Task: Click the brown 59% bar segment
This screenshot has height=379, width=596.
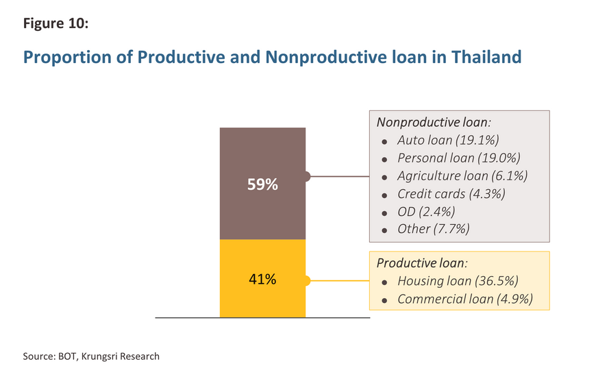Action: pos(262,184)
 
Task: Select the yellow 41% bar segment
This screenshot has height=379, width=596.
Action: pos(262,278)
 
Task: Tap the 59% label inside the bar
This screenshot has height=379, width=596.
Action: pos(262,184)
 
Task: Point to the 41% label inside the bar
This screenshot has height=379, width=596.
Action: pos(262,280)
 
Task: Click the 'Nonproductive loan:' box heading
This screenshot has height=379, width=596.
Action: pos(434,123)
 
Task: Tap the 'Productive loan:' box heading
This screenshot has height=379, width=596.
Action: pos(422,263)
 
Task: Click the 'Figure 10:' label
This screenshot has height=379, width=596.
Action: pos(56,23)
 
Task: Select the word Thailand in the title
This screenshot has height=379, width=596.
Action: pos(486,57)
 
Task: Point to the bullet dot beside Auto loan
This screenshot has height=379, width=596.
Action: pos(384,142)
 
